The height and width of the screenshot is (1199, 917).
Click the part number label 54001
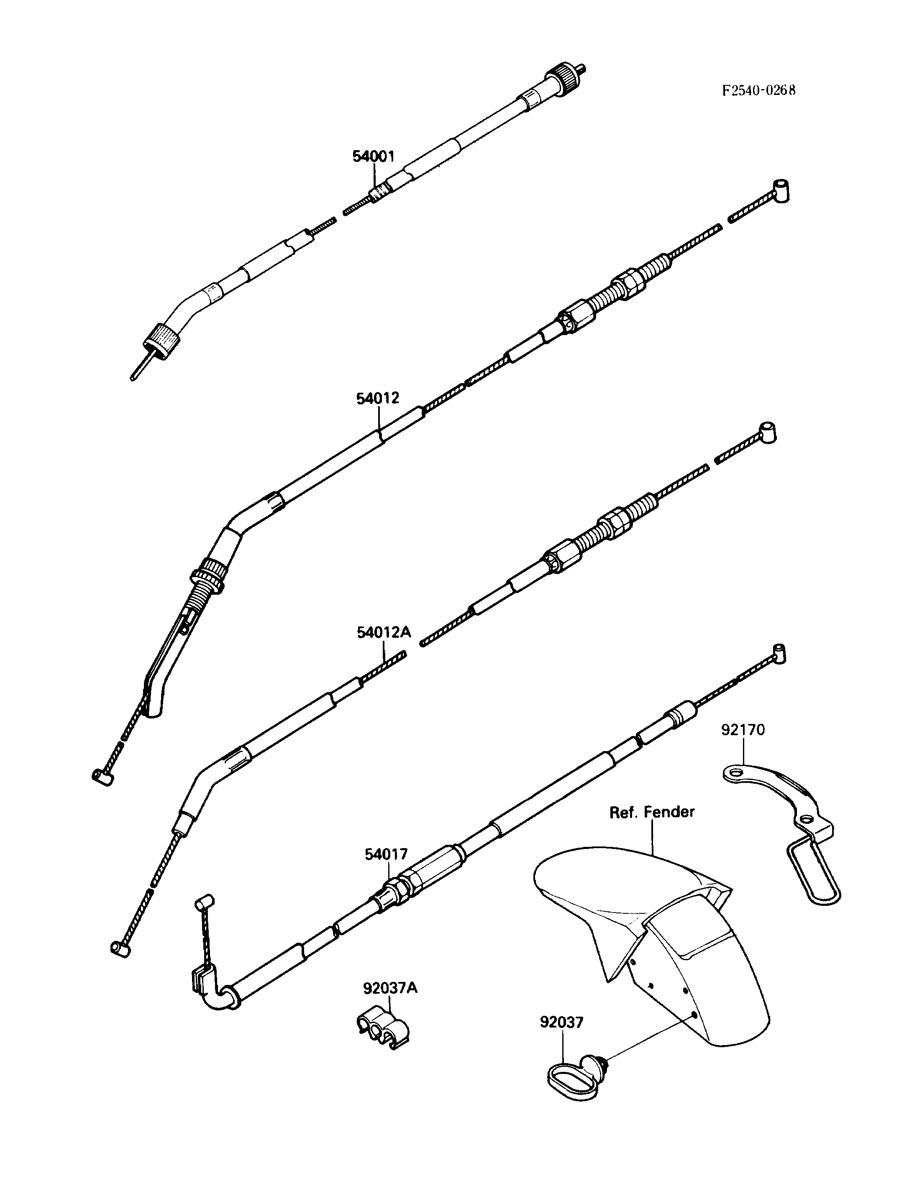pos(373,157)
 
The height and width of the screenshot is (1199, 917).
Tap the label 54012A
pos(384,632)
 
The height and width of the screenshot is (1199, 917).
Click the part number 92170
pos(743,730)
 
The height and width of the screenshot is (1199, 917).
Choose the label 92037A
pos(390,988)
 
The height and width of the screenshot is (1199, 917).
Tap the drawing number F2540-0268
pos(759,90)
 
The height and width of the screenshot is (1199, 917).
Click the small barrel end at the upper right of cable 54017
pos(779,653)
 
